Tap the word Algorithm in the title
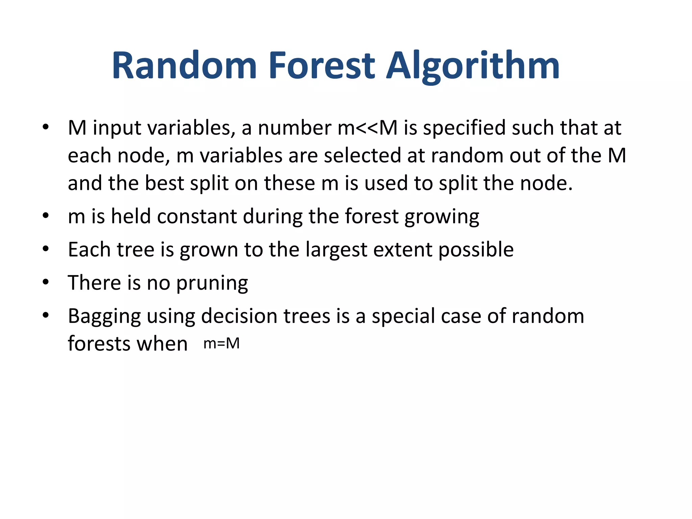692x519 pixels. tap(473, 66)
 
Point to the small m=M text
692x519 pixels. tap(222, 344)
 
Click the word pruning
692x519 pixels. tap(212, 283)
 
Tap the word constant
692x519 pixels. tap(197, 216)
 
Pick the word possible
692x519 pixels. tap(476, 250)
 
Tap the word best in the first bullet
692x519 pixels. tap(164, 183)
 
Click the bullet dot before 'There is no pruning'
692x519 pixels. tap(46, 282)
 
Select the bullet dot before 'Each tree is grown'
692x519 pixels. tap(46, 249)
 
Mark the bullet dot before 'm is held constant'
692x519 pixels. tap(46, 216)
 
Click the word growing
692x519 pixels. tap(442, 217)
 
